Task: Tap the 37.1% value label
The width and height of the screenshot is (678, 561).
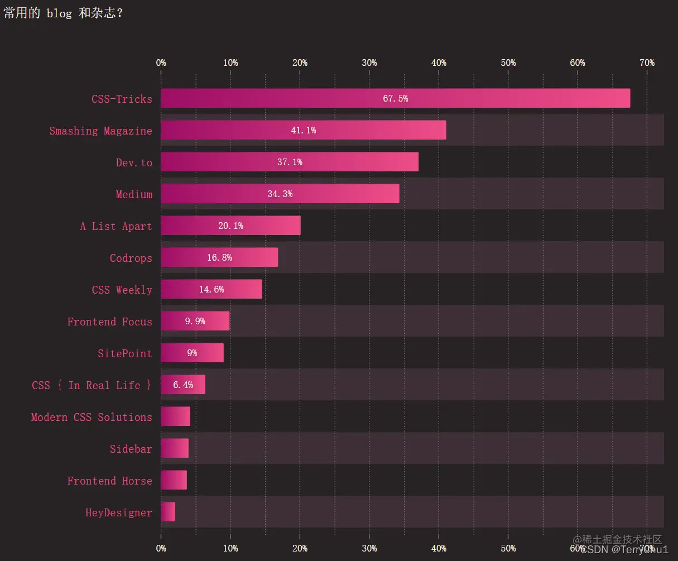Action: (290, 162)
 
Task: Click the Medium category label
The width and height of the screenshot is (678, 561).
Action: (134, 194)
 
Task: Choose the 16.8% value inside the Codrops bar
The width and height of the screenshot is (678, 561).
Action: (219, 258)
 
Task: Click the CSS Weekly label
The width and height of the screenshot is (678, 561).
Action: (122, 290)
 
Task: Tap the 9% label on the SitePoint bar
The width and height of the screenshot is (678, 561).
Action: (192, 353)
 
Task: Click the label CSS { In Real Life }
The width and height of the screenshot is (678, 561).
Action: (92, 385)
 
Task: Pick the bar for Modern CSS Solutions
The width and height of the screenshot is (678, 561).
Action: (175, 416)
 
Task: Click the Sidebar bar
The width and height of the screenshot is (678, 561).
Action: (175, 448)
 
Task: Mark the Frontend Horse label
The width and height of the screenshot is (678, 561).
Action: (109, 481)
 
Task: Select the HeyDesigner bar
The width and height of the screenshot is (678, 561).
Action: (168, 512)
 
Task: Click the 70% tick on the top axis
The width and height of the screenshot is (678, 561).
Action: (647, 63)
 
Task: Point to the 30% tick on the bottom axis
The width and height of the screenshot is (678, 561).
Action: (369, 548)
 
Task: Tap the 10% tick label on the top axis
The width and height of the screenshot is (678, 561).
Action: (230, 63)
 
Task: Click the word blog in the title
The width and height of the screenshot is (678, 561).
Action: (59, 13)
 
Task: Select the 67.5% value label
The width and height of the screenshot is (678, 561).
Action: (395, 98)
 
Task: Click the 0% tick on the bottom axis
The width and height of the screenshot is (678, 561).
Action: (161, 548)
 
